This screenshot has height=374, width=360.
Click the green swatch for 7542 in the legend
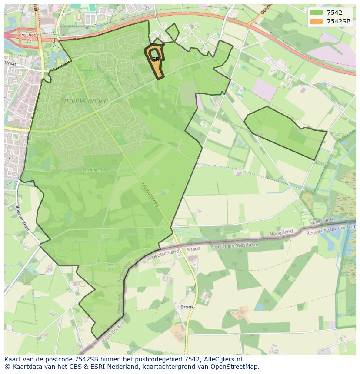[x=316, y=13]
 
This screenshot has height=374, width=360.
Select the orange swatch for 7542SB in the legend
[x=316, y=21]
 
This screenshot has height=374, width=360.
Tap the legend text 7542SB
[x=339, y=21]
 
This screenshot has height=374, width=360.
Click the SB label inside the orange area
[x=155, y=60]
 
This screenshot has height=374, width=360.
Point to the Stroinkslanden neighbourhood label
[x=84, y=101]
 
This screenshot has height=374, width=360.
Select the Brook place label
[x=187, y=307]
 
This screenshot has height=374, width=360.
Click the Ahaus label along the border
[x=193, y=249]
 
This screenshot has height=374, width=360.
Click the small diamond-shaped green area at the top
[x=172, y=32]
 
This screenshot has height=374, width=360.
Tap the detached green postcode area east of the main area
[x=287, y=132]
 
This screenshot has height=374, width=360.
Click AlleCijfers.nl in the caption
[x=222, y=359]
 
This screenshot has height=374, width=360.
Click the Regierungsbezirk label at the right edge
[x=330, y=230]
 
